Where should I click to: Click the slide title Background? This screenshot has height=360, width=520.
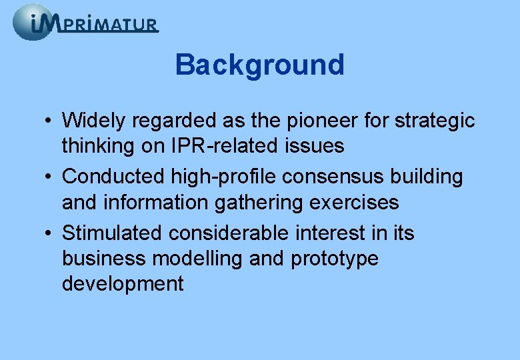[x=259, y=65]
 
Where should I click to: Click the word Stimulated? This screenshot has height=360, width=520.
[x=112, y=233]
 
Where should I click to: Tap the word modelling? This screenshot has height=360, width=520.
[x=201, y=259]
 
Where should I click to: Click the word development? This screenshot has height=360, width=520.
[x=123, y=284]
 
